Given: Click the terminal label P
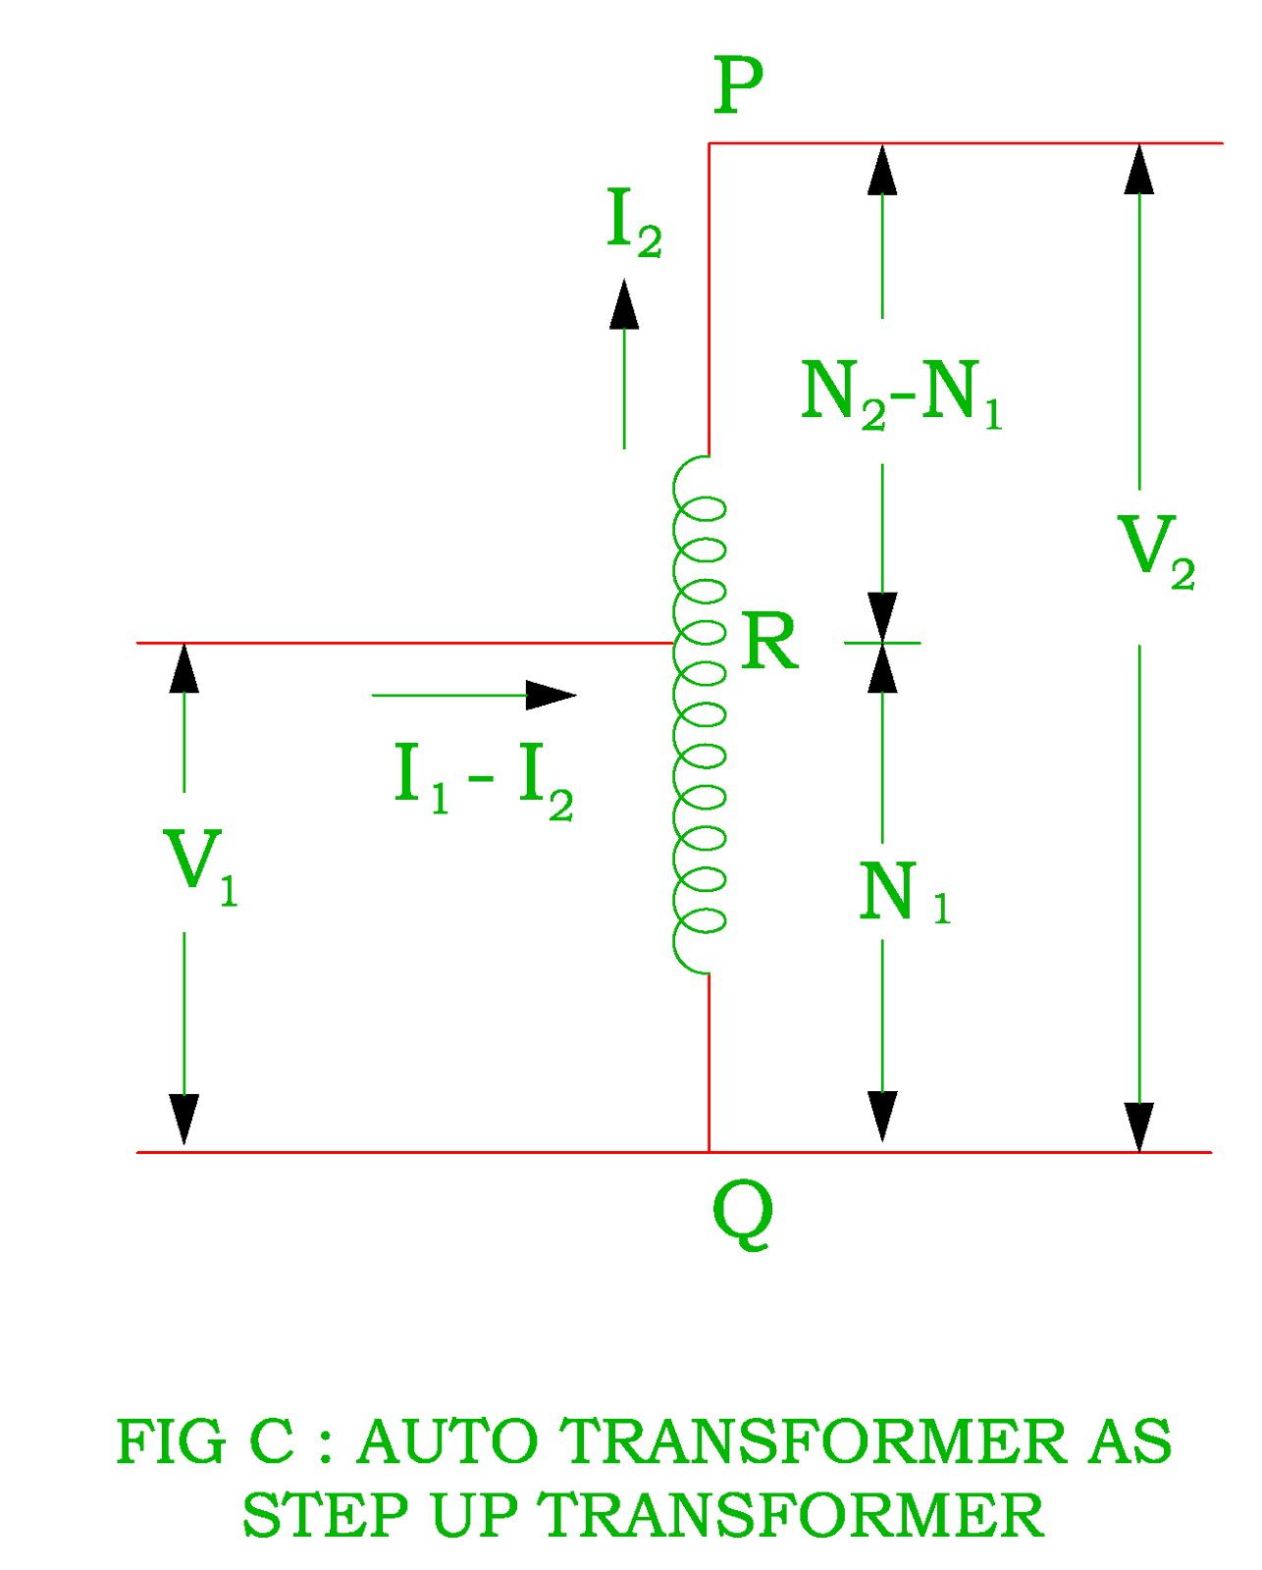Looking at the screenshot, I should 738,85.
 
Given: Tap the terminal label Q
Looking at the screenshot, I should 742,1215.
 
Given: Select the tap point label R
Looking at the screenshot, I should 769,643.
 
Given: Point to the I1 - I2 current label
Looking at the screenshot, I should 482,781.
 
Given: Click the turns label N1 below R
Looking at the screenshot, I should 904,894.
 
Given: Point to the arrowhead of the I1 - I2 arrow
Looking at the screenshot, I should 551,695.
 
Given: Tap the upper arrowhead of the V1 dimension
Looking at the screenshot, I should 184,669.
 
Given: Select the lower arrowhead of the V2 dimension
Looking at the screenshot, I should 1138,1126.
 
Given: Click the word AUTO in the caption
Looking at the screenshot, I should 447,1442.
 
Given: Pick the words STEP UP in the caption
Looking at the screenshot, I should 380,1516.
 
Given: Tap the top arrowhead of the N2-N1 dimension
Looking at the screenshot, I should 882,170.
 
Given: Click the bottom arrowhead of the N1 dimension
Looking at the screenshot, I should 882,1116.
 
